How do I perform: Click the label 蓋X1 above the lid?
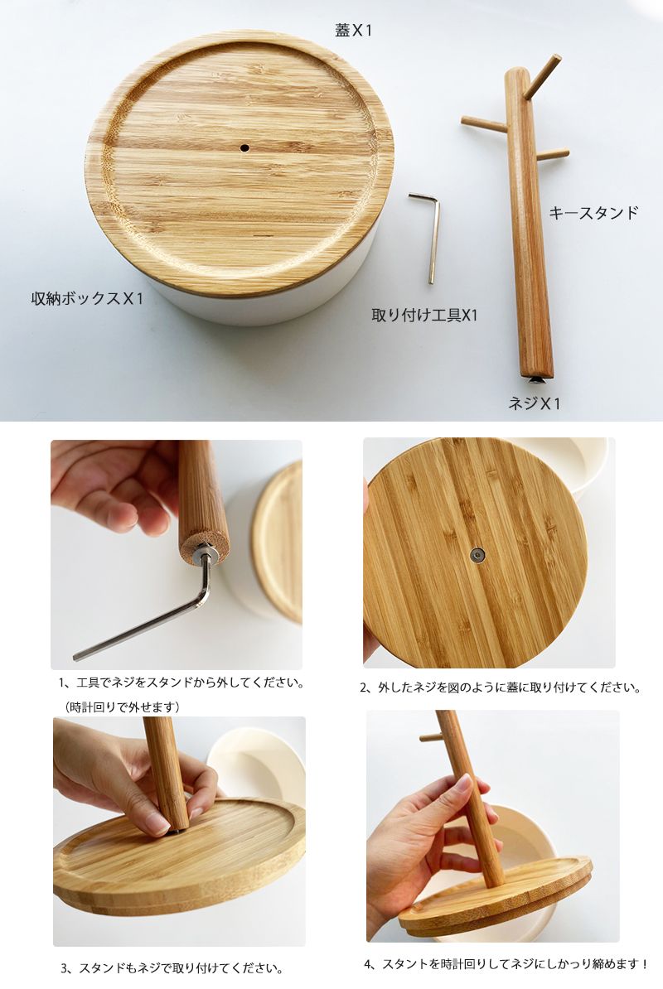point(353,30)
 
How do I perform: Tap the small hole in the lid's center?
point(244,148)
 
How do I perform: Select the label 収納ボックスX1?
point(87,298)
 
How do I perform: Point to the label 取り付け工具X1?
point(424,315)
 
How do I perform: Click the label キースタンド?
point(593,213)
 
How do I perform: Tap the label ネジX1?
point(534,403)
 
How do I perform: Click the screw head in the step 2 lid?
point(477,555)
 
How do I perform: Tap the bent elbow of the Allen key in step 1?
point(204,596)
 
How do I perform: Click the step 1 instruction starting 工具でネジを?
point(181,683)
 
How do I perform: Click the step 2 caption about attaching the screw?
point(500,687)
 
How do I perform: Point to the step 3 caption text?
point(172,968)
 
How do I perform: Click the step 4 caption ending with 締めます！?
point(506,964)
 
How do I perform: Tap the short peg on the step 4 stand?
point(429,736)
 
